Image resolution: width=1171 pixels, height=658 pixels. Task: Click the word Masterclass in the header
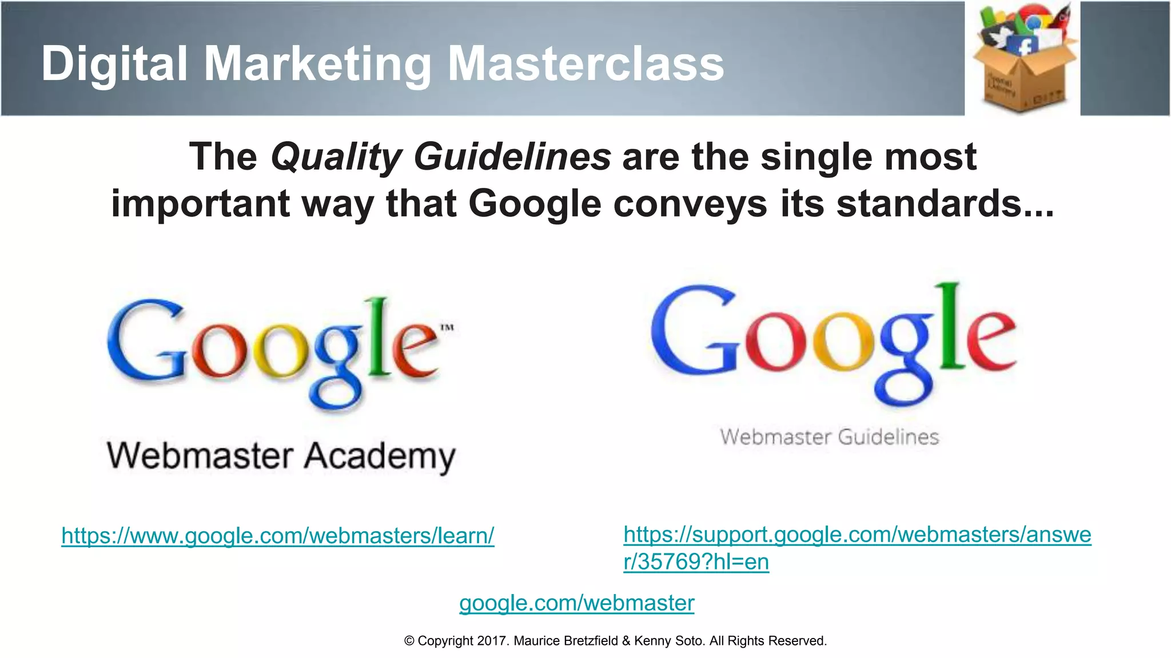(585, 64)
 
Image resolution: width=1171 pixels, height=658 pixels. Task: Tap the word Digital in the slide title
(114, 64)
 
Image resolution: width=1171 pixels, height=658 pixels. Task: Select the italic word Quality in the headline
(336, 157)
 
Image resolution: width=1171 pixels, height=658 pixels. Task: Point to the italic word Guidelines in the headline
(512, 157)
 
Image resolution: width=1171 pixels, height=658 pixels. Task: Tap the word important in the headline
(200, 204)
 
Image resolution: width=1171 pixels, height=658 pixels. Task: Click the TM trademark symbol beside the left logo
(447, 327)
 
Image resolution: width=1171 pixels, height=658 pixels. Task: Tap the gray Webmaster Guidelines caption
(829, 438)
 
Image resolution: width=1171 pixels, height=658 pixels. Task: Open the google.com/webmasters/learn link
(278, 536)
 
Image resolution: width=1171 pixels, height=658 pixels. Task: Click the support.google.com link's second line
(696, 562)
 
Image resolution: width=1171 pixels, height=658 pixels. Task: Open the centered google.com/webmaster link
(576, 603)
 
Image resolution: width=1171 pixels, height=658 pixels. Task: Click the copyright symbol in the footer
(409, 641)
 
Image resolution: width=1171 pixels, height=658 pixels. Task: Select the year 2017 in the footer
(492, 641)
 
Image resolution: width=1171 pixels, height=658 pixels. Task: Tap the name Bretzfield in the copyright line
(591, 641)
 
